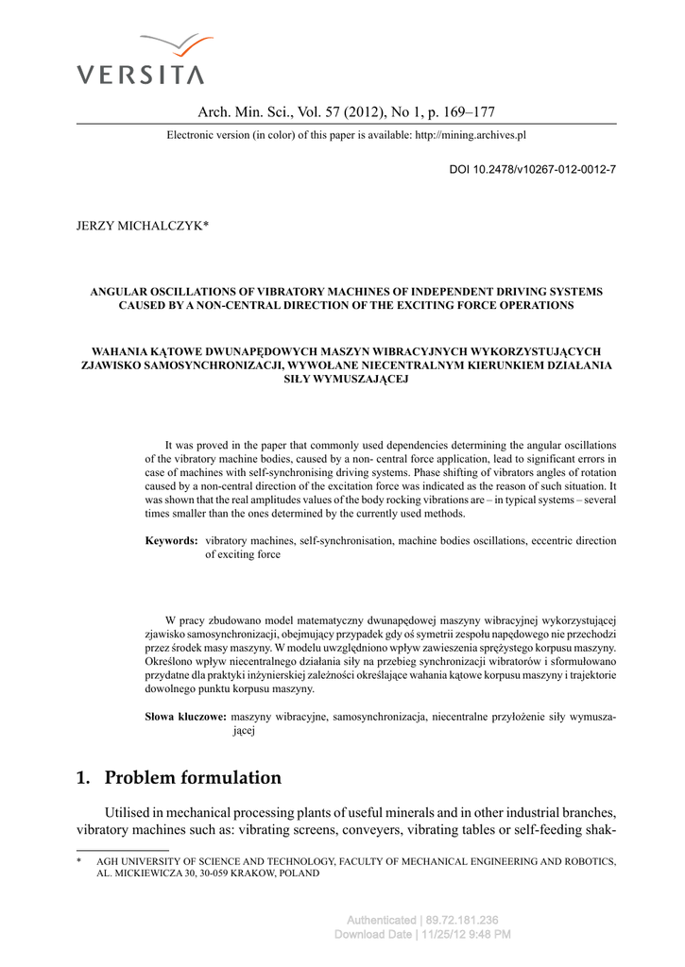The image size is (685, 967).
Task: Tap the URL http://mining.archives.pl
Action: (x=471, y=135)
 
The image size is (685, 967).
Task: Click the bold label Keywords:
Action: (x=171, y=541)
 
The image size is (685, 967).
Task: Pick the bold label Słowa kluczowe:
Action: (x=185, y=717)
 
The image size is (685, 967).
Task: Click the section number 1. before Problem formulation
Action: (x=83, y=778)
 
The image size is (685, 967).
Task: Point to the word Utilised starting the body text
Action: (x=128, y=814)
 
